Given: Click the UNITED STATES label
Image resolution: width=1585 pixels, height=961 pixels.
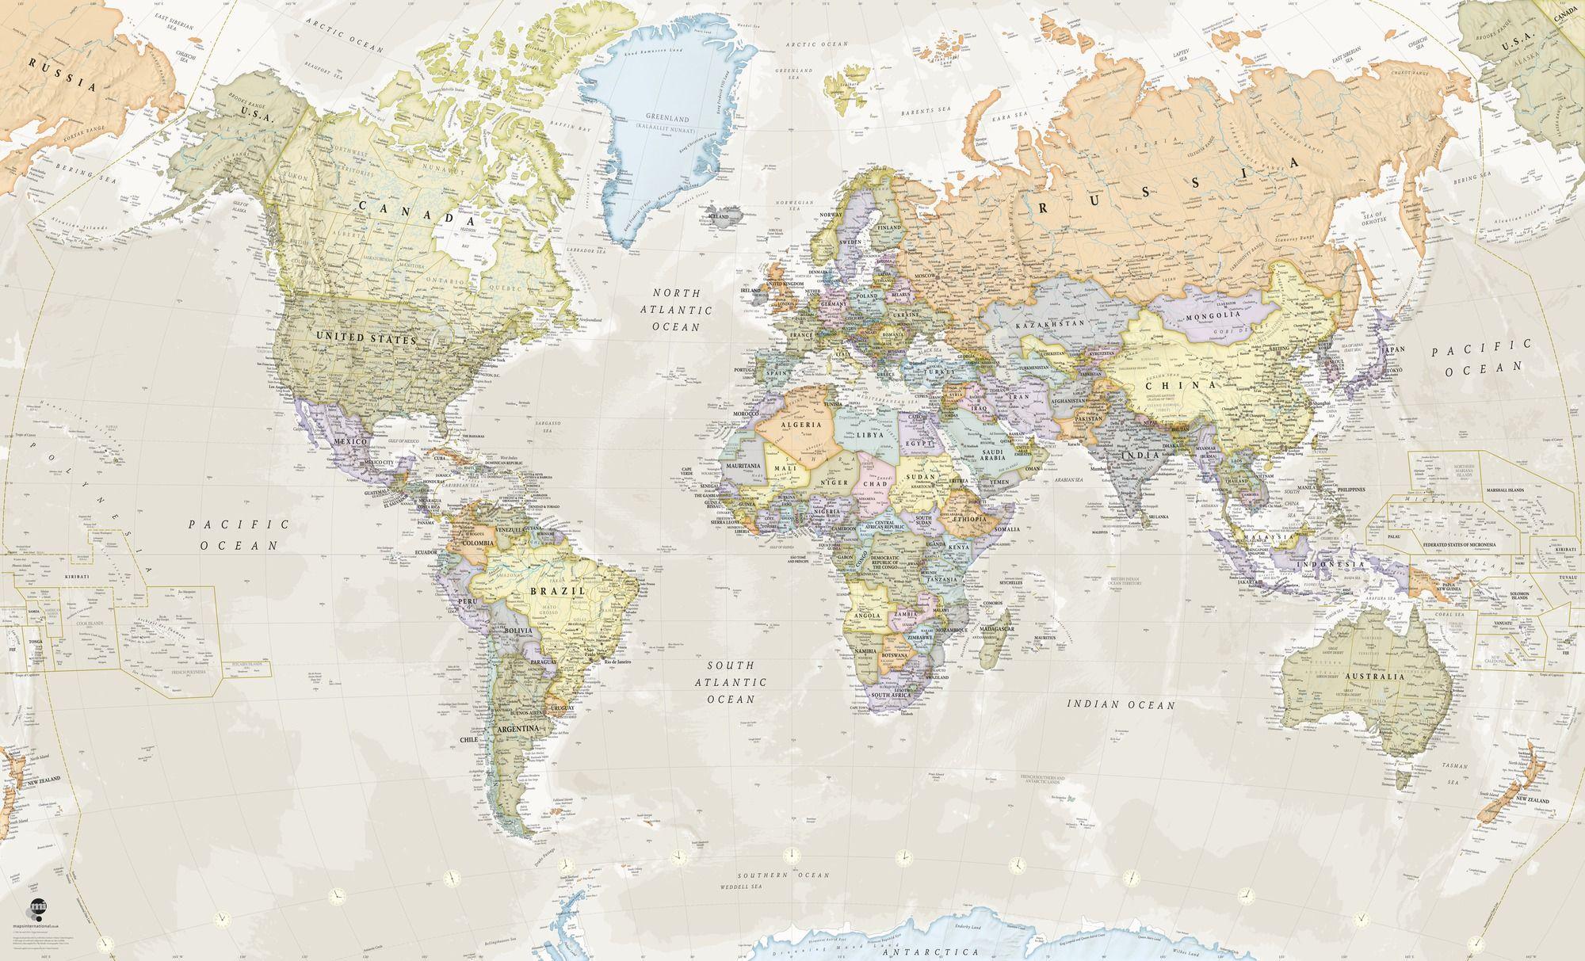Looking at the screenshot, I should click(366, 339).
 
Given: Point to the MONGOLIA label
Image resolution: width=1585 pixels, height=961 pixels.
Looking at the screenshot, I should click(1213, 318).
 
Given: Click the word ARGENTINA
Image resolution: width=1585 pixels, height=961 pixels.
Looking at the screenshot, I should click(518, 727).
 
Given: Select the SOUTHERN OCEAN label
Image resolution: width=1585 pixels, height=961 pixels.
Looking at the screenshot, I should click(782, 875).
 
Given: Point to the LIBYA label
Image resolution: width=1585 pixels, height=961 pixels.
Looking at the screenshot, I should click(869, 436).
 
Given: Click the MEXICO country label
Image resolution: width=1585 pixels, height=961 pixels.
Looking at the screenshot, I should click(349, 440).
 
